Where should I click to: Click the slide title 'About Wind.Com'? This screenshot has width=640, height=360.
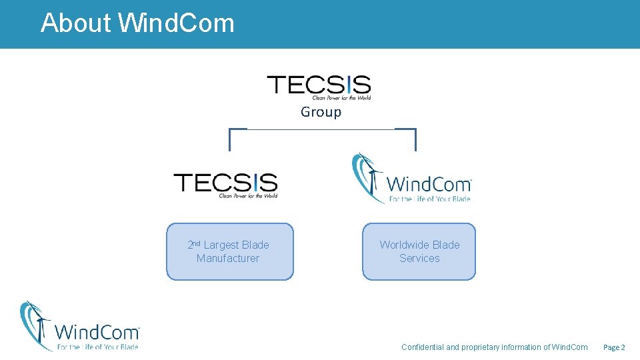point(137,23)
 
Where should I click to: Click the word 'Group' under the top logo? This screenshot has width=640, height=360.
point(321,112)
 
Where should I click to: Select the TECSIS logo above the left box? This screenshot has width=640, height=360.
point(225,184)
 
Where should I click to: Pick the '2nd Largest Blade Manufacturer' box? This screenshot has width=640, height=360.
point(229,251)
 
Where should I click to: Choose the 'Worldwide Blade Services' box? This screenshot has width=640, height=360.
point(419,251)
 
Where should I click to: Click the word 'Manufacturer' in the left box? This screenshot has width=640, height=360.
point(228,259)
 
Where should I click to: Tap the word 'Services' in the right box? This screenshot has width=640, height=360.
point(419,259)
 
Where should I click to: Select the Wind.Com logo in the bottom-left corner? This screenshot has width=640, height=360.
point(79,326)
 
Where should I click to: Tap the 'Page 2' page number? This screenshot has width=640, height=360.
point(613,347)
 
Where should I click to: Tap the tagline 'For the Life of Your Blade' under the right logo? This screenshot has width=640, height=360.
point(430,199)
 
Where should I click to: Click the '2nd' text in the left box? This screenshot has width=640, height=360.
point(194,245)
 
